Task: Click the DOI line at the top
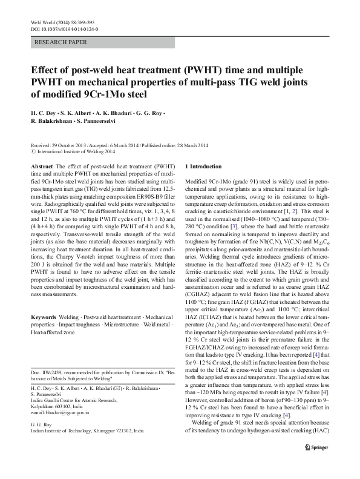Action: click(64, 28)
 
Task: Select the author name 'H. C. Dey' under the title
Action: click(43, 113)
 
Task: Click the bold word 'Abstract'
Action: click(41, 165)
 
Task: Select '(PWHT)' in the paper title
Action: click(186, 69)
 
